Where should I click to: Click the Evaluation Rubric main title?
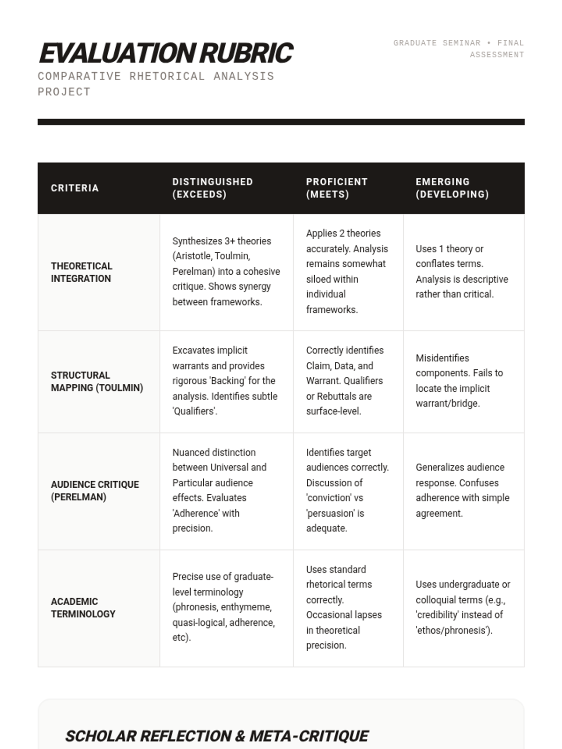click(x=166, y=52)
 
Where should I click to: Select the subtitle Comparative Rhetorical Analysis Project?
click(x=155, y=83)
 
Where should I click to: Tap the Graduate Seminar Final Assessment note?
click(x=458, y=49)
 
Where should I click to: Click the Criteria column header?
click(x=75, y=188)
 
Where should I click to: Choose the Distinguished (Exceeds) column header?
click(x=213, y=188)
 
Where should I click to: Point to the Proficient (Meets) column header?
click(x=337, y=188)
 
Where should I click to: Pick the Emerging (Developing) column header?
click(x=452, y=188)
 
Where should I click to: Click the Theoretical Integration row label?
click(x=81, y=272)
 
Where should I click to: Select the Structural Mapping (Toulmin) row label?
click(x=97, y=382)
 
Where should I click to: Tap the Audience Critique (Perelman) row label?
click(x=95, y=491)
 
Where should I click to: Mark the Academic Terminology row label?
click(x=83, y=608)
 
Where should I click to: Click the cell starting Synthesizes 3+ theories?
click(x=226, y=272)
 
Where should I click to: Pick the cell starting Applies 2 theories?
click(x=347, y=272)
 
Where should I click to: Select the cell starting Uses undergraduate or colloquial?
click(x=463, y=608)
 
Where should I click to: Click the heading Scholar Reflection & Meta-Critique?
click(x=217, y=736)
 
